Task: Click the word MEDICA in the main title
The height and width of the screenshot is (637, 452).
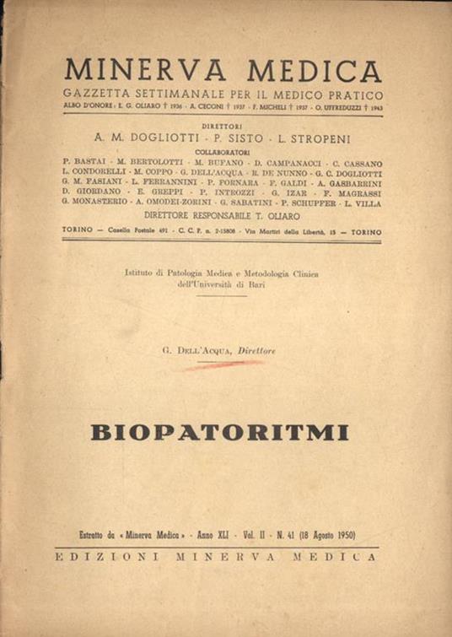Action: [x=314, y=70]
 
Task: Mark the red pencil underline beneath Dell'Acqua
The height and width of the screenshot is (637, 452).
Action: [x=223, y=364]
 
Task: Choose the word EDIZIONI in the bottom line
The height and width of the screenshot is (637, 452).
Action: [x=90, y=558]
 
